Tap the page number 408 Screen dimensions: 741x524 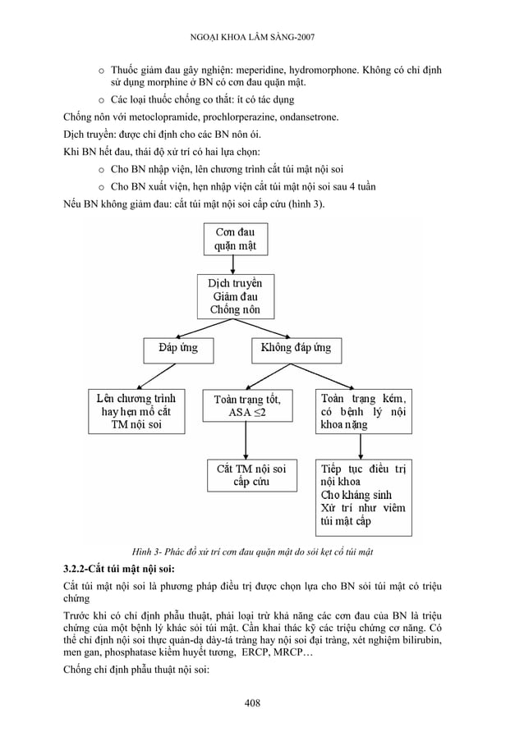[262, 703]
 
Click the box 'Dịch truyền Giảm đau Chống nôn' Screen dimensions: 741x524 [235, 295]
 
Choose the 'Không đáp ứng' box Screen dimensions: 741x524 [296, 348]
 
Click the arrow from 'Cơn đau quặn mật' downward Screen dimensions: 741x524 [234, 264]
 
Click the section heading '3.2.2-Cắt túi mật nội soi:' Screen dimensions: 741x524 [119, 568]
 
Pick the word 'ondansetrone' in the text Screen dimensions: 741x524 [313, 118]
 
